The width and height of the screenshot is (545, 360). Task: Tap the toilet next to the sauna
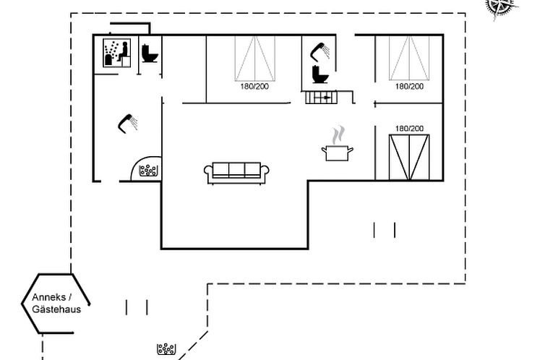[x=150, y=54]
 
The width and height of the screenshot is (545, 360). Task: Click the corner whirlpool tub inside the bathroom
[x=148, y=171]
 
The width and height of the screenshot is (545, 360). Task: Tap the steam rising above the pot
[x=338, y=135]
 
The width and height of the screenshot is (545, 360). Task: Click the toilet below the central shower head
[x=319, y=74]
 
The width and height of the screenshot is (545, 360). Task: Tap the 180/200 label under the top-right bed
[x=409, y=86]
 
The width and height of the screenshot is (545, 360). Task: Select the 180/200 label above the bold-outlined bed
[x=409, y=128]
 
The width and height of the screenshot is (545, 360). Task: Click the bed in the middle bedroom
[x=254, y=58]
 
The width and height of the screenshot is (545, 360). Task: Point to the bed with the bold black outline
[x=409, y=157]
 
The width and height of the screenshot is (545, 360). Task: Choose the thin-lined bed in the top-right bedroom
[x=409, y=58]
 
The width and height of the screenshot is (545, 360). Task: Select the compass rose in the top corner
[x=497, y=4]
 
